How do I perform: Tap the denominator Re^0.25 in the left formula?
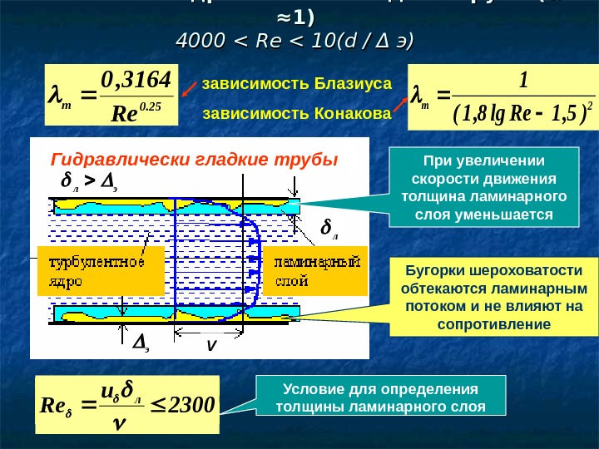coord(135,110)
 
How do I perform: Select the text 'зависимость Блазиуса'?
coord(296,84)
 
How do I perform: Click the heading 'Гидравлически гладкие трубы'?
coord(195,159)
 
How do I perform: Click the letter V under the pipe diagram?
coord(211,343)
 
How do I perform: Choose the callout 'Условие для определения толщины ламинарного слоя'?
coord(381,397)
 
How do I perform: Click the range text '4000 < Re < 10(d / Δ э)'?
coord(297,41)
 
